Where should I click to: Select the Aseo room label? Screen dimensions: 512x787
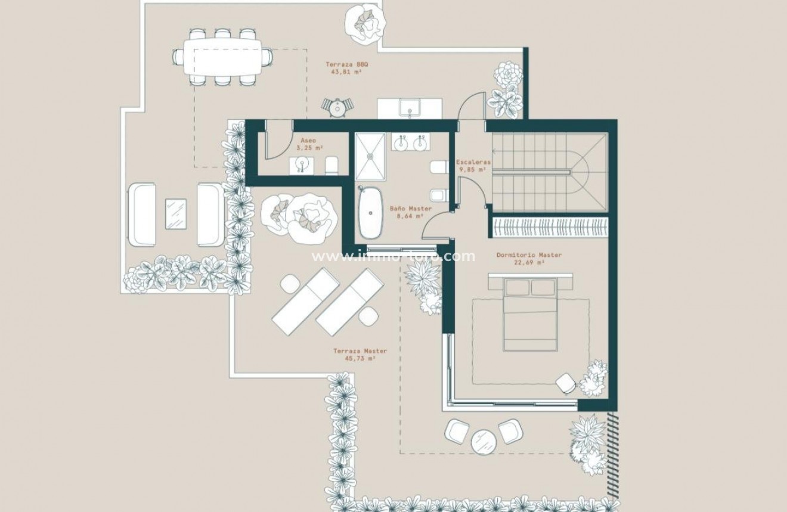point(307,141)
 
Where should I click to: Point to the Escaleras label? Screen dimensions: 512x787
point(473,162)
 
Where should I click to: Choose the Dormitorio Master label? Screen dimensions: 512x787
point(529,255)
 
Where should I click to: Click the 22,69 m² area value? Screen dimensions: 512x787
point(529,262)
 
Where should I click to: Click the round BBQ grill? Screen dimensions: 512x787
point(337,107)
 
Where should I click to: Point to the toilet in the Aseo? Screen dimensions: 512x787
point(332,166)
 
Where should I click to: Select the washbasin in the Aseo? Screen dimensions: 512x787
point(300,165)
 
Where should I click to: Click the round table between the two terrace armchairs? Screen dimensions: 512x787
point(484,443)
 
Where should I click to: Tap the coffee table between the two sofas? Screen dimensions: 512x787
point(176,213)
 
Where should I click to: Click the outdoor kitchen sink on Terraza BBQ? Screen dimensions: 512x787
point(410,108)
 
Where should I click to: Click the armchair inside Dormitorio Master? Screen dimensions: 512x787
point(566,382)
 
